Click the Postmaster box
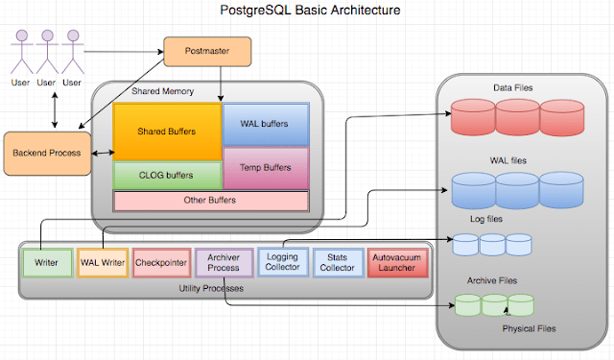206,51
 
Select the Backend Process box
46,154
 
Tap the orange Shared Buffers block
167,132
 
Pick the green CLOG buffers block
167,176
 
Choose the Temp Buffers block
266,168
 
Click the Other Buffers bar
210,201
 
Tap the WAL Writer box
102,262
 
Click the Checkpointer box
160,262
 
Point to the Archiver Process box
223,262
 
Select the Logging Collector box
281,262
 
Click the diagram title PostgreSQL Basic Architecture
306,11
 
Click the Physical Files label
529,328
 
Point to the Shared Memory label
156,92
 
